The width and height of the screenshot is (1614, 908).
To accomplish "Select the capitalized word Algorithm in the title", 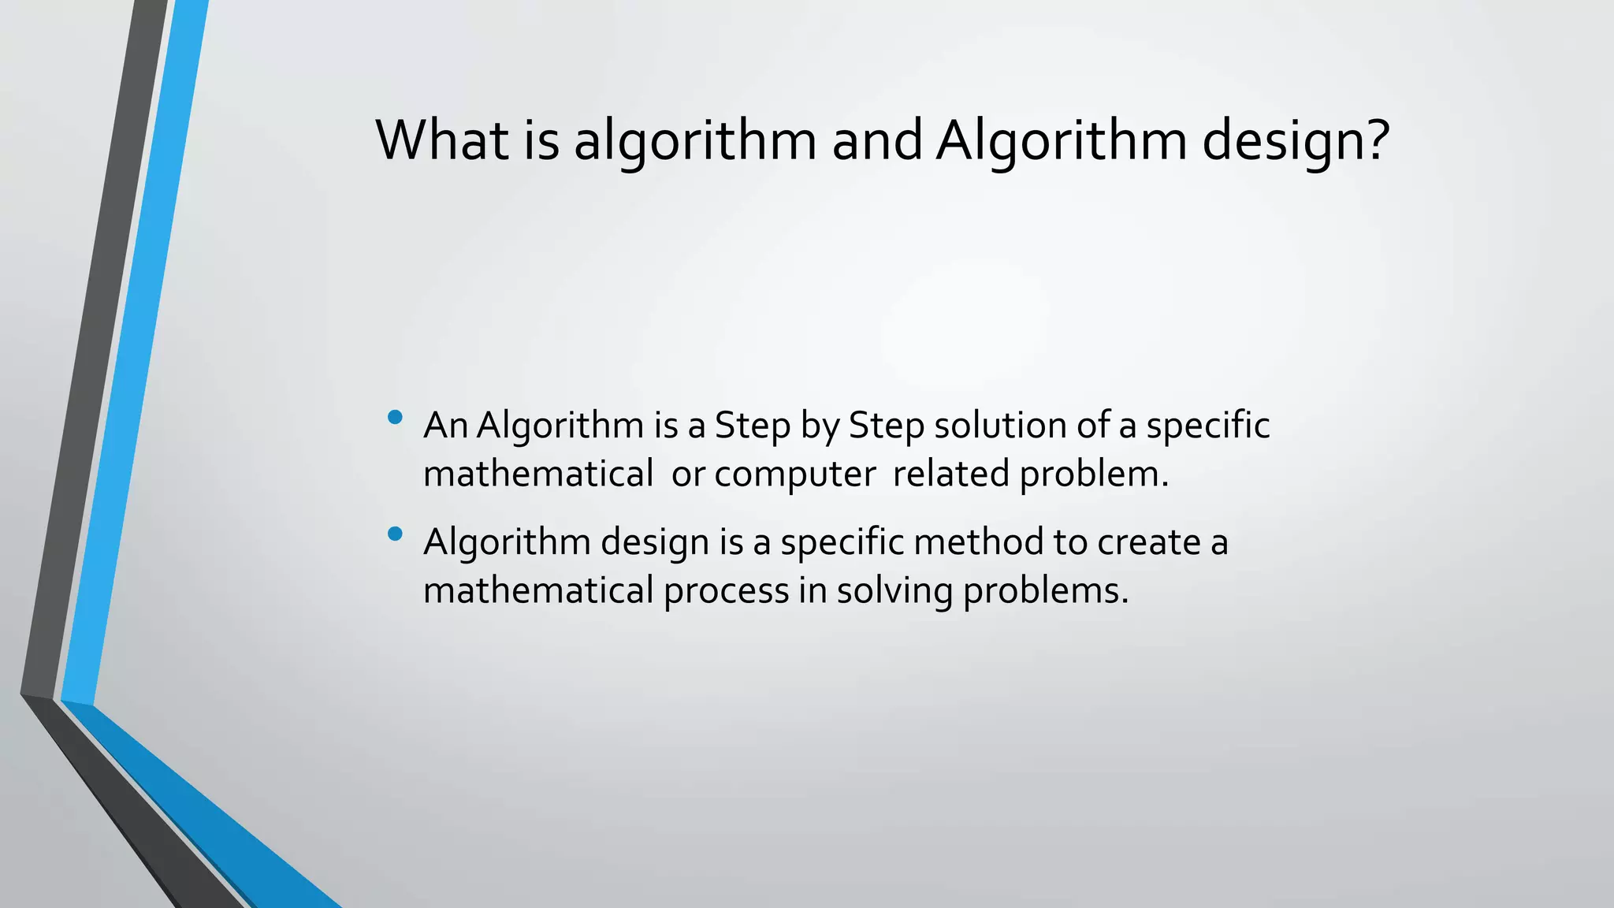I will coord(1061,142).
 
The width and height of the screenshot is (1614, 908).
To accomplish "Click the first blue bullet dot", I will coord(396,417).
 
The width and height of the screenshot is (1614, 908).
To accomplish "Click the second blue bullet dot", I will coord(396,534).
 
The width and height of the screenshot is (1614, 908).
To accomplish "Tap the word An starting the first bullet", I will coord(445,426).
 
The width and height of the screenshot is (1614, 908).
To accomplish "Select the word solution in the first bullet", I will coord(1000,426).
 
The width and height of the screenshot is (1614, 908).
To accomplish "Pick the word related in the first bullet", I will coord(950,474).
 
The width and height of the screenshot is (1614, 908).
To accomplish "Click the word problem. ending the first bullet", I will coord(1094,474).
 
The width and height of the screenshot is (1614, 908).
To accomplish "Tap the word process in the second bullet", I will coord(726,591).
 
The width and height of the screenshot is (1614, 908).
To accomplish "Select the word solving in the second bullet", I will coord(894,591).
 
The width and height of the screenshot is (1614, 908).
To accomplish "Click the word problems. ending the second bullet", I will coord(1046,591).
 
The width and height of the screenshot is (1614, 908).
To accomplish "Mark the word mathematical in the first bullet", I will coord(537,474).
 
